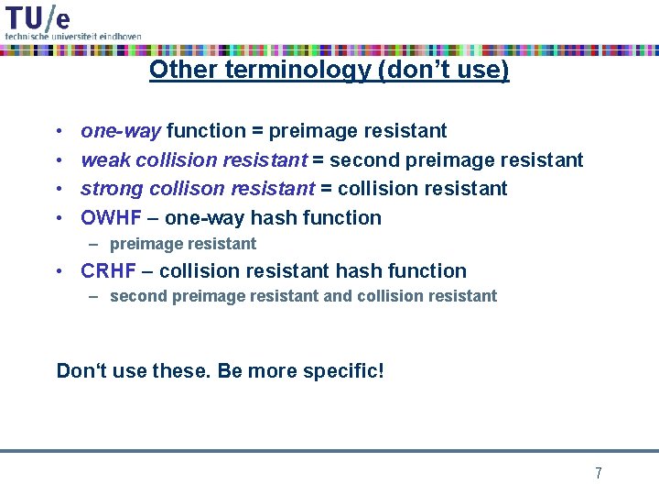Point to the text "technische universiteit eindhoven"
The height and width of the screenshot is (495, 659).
[x=73, y=36]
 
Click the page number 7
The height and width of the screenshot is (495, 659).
[x=598, y=473]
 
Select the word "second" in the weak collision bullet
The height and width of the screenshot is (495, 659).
[x=363, y=160]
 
